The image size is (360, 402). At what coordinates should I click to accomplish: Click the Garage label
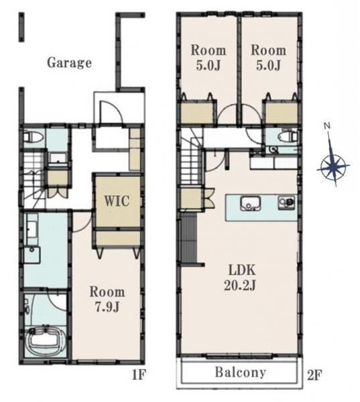pos(69,63)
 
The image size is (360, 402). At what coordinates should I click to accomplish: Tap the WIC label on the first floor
pos(117,201)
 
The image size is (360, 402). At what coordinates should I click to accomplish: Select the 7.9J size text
pos(107,307)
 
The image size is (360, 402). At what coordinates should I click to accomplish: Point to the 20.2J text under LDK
pos(240,285)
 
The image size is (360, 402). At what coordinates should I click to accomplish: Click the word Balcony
pos(240,373)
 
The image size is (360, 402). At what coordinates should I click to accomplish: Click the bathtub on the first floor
pos(46,339)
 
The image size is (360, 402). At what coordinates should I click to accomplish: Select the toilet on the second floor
pos(288,137)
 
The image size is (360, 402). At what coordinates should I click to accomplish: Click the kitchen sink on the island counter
pos(251,203)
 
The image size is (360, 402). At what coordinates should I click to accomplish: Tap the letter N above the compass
pos(326,126)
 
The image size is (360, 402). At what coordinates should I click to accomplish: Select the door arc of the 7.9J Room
pos(82,222)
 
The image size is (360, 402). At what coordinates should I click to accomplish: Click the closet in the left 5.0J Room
pos(197,113)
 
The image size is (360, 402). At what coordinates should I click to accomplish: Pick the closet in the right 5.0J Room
pos(281,113)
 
